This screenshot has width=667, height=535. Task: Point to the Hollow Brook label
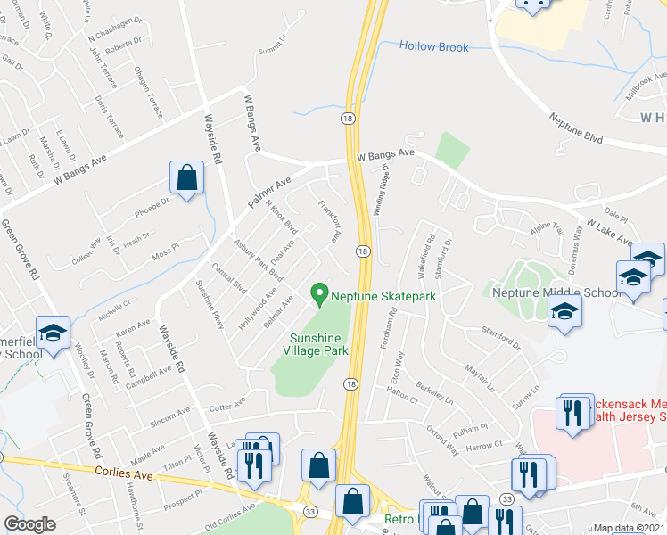pyautogui.click(x=433, y=46)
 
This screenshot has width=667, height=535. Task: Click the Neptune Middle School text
pyautogui.click(x=556, y=292)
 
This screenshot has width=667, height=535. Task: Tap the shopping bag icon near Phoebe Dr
pyautogui.click(x=186, y=177)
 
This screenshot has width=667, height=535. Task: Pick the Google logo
pyautogui.click(x=29, y=524)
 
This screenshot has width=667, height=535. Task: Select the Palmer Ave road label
pyautogui.click(x=270, y=190)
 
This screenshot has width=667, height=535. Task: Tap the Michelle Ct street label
pyautogui.click(x=114, y=307)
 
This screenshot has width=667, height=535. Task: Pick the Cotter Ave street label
pyautogui.click(x=226, y=405)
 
